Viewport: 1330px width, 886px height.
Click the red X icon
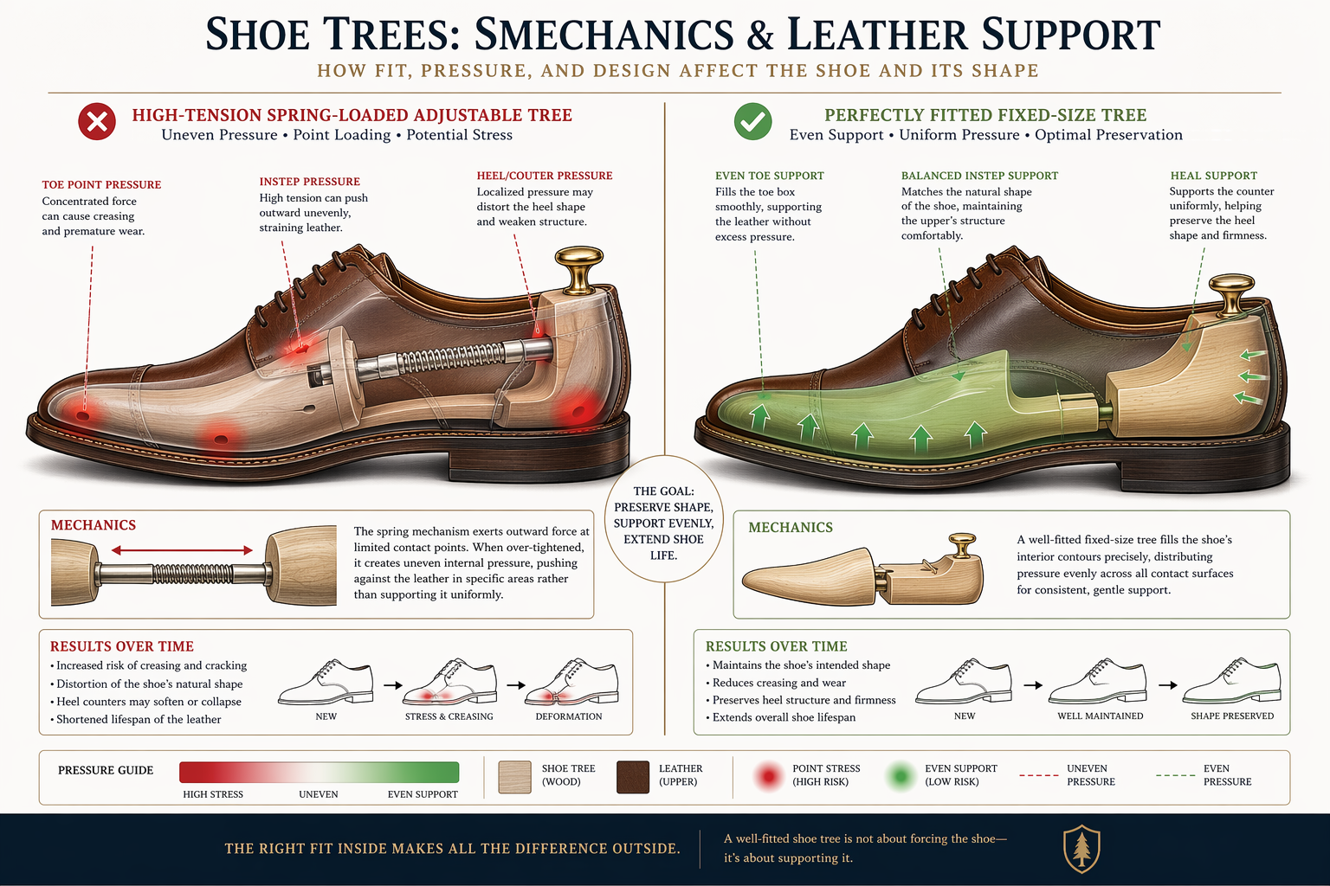coord(97,122)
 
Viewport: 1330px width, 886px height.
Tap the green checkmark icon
coord(752,122)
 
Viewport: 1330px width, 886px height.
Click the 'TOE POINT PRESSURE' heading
coord(101,184)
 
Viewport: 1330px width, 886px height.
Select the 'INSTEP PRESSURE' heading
coord(309,182)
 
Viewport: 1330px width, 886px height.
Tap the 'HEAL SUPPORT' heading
coord(1214,176)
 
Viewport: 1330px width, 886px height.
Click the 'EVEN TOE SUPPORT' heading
coord(770,176)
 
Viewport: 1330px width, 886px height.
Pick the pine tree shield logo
coord(1081,849)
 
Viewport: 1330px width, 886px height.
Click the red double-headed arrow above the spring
coord(182,550)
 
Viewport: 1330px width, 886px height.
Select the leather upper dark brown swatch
coord(633,777)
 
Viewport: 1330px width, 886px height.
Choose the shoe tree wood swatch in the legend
coord(515,777)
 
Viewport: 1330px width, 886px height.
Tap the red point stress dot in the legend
coord(769,776)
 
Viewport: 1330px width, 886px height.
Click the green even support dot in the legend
coord(901,776)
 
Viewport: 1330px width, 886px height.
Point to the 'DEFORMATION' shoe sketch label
coord(569,716)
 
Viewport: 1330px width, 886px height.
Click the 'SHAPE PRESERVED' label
coord(1232,716)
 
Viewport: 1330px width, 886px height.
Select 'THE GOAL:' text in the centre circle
coord(663,491)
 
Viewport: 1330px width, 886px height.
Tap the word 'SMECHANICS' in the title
coord(604,35)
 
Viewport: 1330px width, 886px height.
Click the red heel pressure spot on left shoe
coord(576,409)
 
